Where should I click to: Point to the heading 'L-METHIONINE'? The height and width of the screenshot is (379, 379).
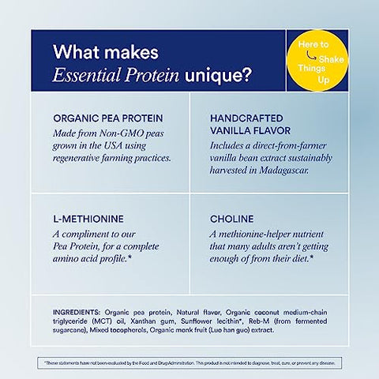(x=86, y=217)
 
